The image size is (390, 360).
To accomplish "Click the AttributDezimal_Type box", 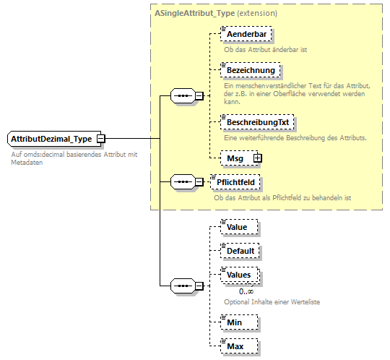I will coord(51,138).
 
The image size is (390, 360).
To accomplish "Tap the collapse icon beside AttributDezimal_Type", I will coord(101,138).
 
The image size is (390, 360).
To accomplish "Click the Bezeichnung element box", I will coord(249,70).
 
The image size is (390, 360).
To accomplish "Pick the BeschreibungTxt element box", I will coord(258,123).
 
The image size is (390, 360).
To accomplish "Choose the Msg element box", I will coord(235,158).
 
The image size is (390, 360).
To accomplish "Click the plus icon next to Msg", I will coord(256,158).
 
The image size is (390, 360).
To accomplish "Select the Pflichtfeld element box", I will coord(234,181).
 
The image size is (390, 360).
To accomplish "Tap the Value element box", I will coord(237,227).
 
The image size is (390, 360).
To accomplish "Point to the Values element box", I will coord(238,275).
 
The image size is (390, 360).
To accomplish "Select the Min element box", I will coord(234,322).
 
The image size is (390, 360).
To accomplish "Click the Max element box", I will coord(235,346).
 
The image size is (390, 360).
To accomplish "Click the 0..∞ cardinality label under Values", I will coord(246,291).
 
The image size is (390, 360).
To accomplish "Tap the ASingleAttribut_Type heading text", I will coord(189,13).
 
